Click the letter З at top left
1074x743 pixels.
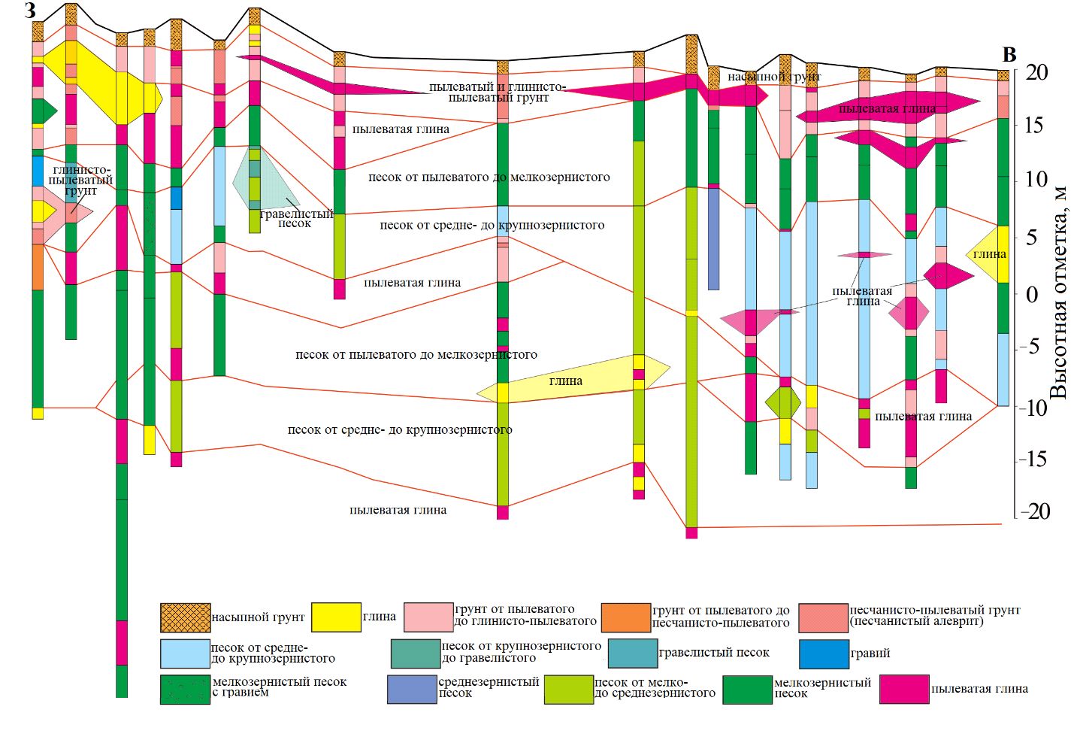[30, 11]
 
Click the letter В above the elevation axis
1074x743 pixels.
[1009, 55]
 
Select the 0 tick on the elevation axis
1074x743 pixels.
[1042, 294]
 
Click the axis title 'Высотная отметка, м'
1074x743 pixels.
[1058, 294]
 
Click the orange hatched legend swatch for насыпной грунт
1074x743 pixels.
[185, 617]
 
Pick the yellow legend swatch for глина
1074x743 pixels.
[335, 617]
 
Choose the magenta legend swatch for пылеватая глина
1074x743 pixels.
[904, 689]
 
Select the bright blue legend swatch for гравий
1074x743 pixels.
[824, 654]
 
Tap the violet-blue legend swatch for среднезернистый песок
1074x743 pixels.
[411, 689]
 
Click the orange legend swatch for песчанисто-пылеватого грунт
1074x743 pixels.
[625, 617]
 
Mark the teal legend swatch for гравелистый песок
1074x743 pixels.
[632, 653]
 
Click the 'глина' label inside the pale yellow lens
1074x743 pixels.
[565, 381]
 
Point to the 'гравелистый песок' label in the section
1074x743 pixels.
[295, 218]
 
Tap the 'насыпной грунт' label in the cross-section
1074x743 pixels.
[773, 77]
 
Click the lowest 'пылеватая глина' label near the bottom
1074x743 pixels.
[398, 510]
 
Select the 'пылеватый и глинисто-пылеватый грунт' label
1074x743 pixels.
[497, 92]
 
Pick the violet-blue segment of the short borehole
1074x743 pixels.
[713, 238]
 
